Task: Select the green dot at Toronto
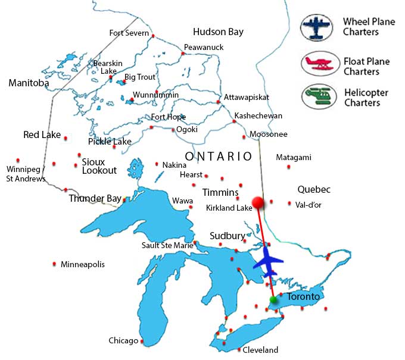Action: [x=273, y=299]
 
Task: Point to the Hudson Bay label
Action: [x=218, y=32]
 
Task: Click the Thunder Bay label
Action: [x=95, y=199]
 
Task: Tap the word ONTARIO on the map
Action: [x=219, y=156]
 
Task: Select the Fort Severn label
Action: [x=129, y=33]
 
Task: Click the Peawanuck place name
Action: [x=203, y=47]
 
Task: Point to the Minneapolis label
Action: [x=82, y=264]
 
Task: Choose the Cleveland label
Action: [x=260, y=350]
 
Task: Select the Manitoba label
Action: [x=29, y=83]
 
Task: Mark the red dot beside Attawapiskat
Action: [x=219, y=102]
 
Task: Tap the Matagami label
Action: [x=294, y=158]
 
